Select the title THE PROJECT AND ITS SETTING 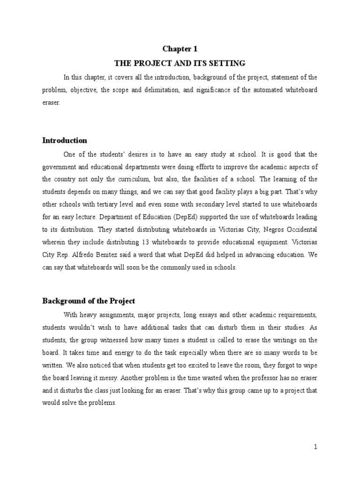(180, 63)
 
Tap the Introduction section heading (65, 140)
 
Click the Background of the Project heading (89, 300)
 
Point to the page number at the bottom (315, 447)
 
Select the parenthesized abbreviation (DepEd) (165, 217)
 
